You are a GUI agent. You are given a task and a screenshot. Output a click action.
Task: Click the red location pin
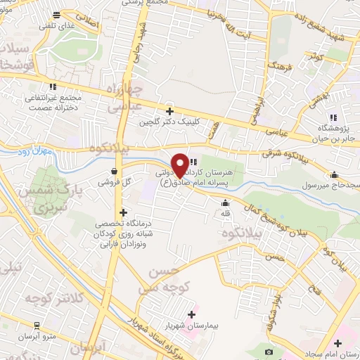181,165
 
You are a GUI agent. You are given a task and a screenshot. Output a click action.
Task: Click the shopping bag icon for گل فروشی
114,171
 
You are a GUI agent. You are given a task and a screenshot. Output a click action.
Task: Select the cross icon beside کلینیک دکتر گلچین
169,110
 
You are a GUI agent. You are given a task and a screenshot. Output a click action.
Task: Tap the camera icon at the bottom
268,351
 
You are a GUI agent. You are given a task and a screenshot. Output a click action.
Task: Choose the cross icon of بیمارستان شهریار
192,314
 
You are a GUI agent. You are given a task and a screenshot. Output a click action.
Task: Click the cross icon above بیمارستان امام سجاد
338,343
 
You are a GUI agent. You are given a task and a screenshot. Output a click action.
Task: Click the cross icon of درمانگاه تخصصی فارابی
123,212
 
